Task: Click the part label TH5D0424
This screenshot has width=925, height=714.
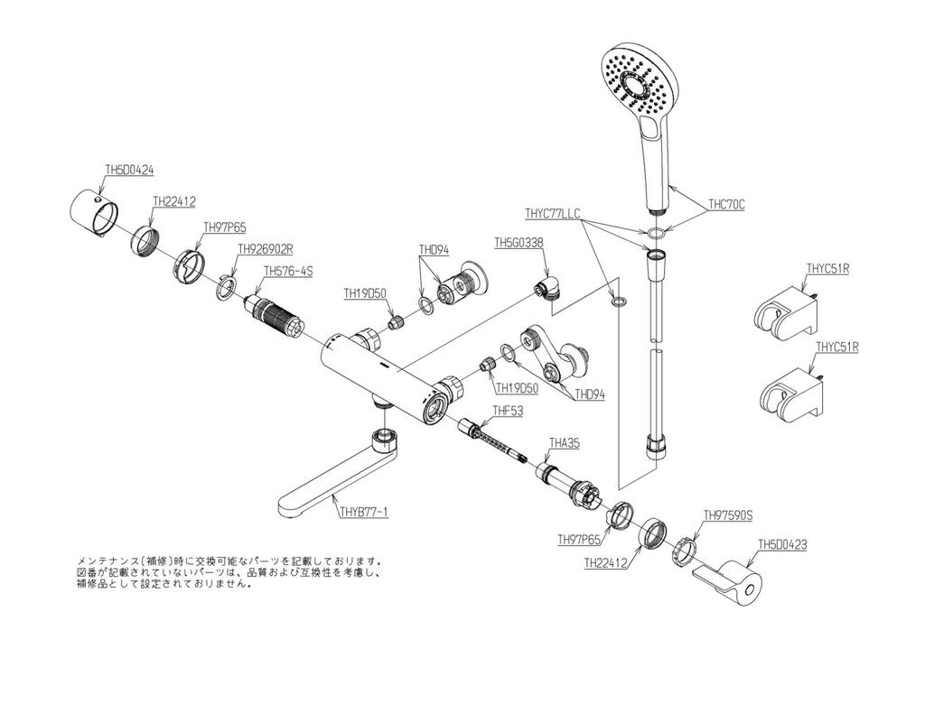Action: (x=129, y=169)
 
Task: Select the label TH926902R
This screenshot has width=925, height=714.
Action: (x=266, y=248)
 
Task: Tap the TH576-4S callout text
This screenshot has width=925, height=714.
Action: (x=287, y=271)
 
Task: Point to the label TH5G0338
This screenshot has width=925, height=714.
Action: (x=519, y=243)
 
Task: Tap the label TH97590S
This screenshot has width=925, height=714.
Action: (x=728, y=515)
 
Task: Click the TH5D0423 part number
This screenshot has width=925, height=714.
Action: (x=782, y=544)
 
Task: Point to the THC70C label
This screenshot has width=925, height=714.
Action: (x=727, y=205)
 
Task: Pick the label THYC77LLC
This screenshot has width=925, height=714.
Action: (x=552, y=214)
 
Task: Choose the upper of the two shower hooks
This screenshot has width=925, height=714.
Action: (x=783, y=311)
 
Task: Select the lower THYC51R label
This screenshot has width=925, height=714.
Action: (x=836, y=347)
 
